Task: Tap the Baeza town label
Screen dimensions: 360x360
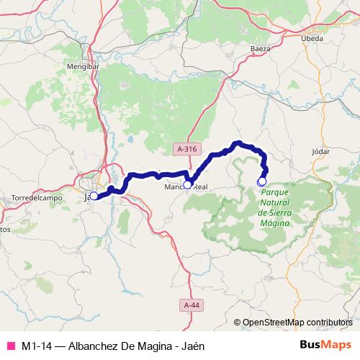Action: (260, 48)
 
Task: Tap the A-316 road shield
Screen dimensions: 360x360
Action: (186, 148)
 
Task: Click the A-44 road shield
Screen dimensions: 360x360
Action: (192, 306)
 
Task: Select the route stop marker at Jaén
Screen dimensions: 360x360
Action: (94, 196)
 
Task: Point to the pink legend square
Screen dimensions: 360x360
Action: (11, 346)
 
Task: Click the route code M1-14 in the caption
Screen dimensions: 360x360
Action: (37, 346)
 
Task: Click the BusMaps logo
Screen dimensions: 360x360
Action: (325, 345)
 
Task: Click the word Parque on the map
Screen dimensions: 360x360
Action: (275, 194)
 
